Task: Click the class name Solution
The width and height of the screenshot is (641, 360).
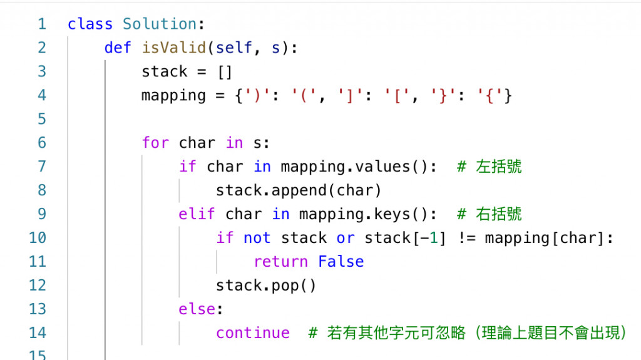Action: tap(160, 24)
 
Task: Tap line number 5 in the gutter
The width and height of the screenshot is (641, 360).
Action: tap(41, 119)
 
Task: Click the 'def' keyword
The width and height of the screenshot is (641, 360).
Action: tap(118, 48)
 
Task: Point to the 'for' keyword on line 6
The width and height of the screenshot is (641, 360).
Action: tap(155, 143)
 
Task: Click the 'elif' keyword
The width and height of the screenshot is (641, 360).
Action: tap(197, 214)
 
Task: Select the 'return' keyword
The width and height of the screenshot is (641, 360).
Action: tap(280, 262)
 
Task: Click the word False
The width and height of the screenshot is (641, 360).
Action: tap(341, 262)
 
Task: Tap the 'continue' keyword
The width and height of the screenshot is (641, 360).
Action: tap(253, 333)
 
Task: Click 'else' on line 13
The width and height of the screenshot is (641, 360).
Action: tap(197, 309)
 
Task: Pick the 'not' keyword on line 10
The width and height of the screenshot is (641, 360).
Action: tap(257, 238)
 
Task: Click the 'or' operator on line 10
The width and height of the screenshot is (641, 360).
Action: tap(345, 238)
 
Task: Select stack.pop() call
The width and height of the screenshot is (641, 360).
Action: tap(266, 285)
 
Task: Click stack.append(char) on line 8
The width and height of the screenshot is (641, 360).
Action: tap(299, 190)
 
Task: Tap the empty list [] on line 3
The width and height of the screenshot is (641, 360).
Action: tap(224, 72)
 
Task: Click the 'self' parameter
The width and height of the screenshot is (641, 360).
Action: tap(243, 48)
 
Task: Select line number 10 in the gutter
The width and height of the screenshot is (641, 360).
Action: tap(38, 238)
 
